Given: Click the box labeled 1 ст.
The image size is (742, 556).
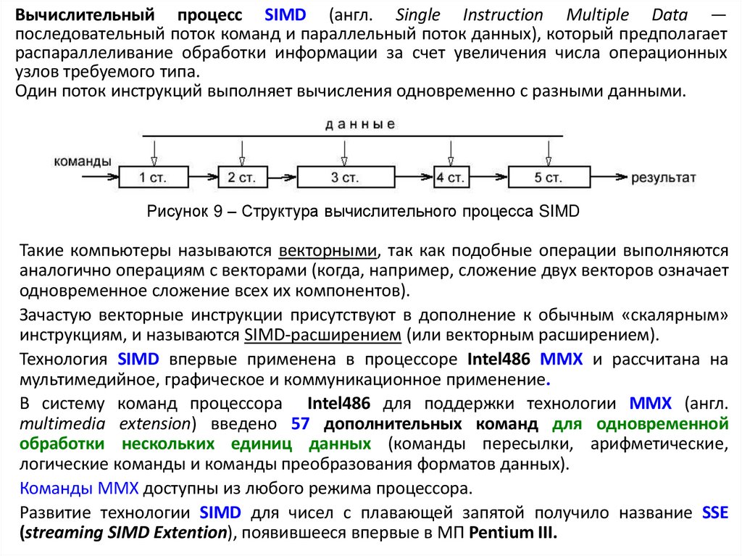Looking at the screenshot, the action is pos(151,177).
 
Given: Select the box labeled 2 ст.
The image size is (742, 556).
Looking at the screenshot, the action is pos(241,177).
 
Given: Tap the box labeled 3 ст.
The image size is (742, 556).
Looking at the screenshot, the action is pos(346,177).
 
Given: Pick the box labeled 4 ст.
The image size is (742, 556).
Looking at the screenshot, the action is pos(450,177).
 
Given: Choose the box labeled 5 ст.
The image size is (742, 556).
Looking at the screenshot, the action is pos(549,177).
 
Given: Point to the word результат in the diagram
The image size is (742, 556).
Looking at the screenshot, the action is pos(664,177).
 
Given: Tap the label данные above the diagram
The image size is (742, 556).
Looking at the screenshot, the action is pos(360,124).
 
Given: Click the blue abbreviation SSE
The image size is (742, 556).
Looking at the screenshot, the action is pos(714,513).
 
